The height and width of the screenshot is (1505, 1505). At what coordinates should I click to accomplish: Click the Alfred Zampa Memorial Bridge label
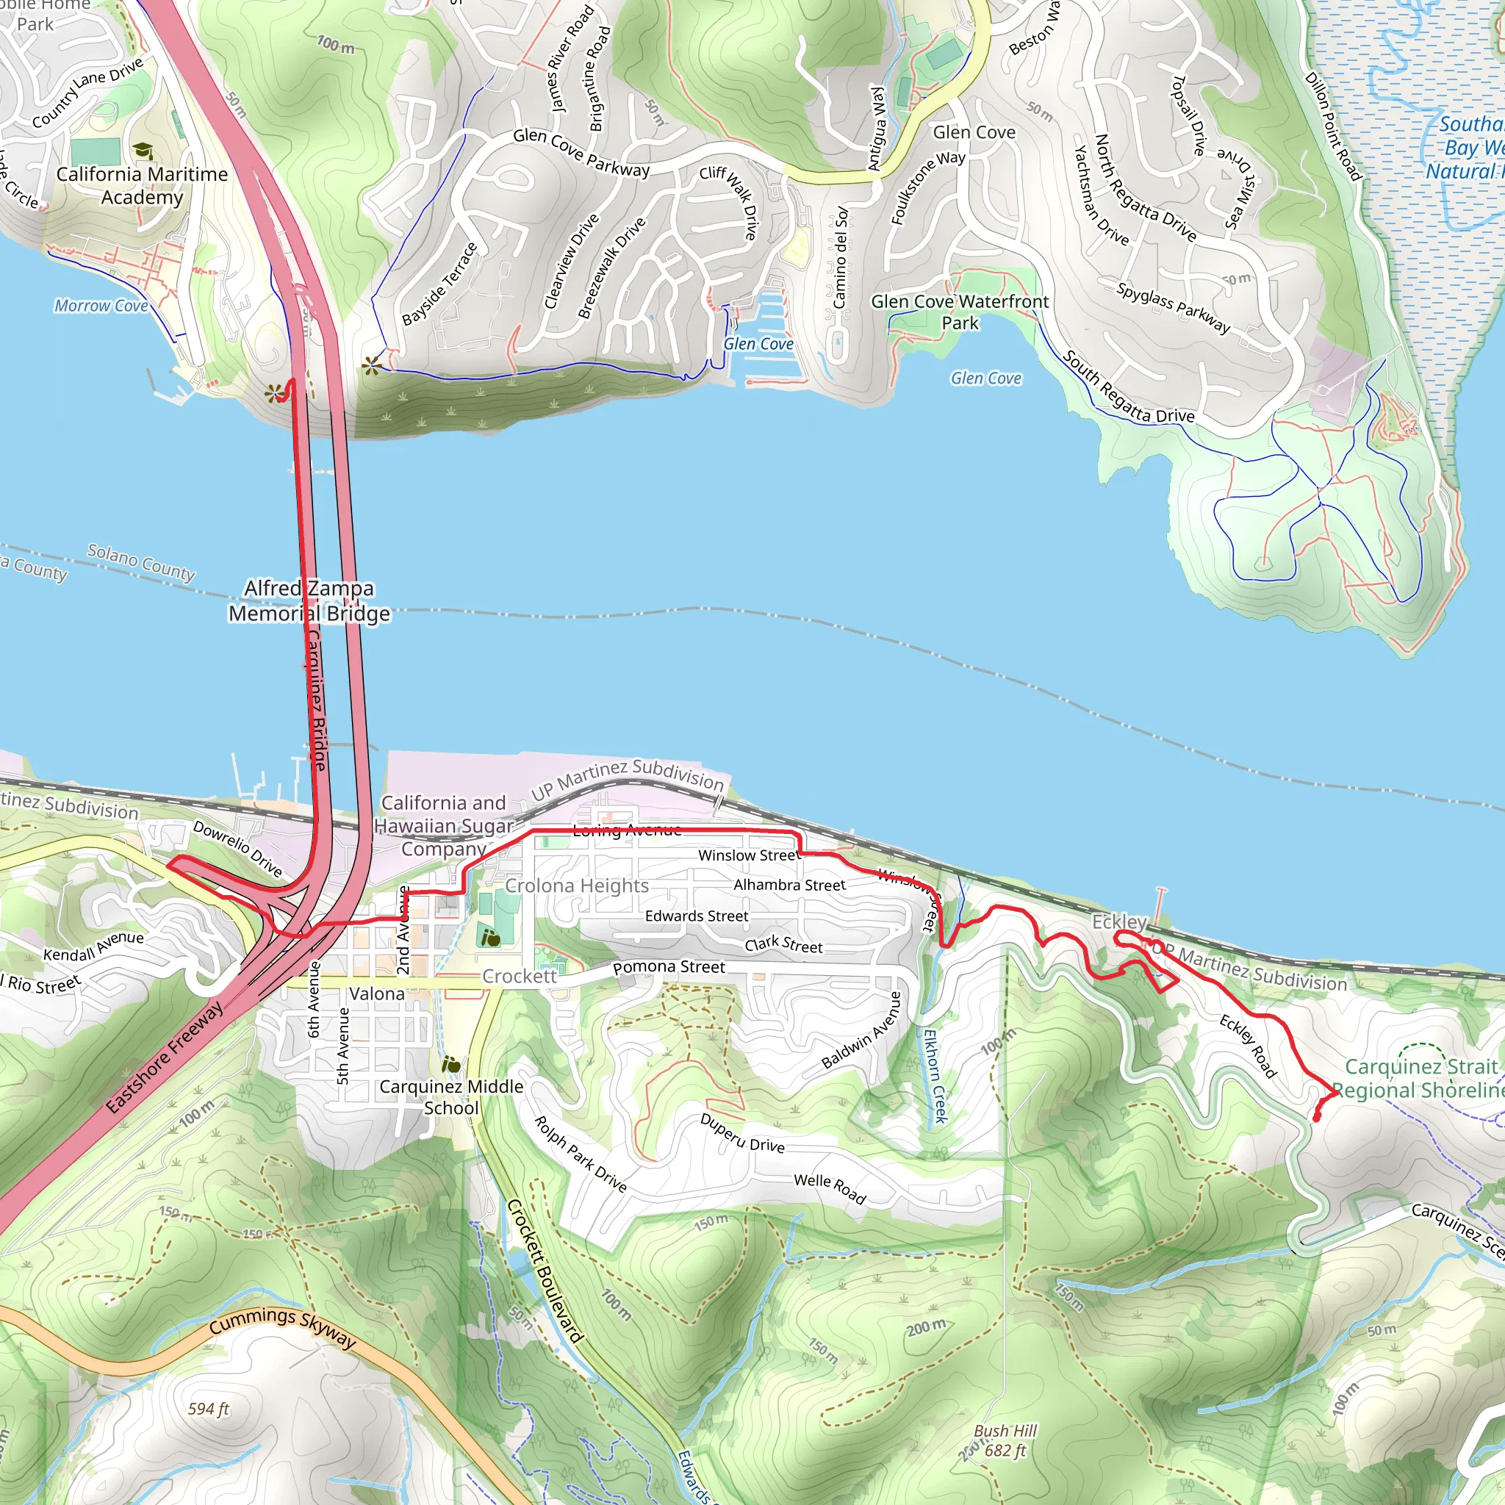click(309, 601)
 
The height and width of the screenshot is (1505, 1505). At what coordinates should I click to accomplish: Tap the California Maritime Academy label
click(142, 185)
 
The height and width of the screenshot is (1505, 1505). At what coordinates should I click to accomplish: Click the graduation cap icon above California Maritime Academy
click(143, 151)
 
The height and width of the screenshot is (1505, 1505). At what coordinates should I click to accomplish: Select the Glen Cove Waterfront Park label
click(960, 312)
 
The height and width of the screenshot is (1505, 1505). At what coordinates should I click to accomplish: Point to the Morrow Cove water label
click(101, 306)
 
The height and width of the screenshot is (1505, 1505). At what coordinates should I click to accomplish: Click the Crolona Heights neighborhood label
click(576, 886)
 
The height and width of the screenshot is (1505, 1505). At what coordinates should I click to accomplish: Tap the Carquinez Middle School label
click(451, 1097)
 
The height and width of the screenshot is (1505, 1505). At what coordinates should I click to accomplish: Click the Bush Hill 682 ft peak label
click(1005, 1440)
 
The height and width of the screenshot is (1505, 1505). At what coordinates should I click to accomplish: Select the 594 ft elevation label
click(209, 1409)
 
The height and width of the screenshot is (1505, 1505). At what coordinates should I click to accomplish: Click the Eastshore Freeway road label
click(165, 1057)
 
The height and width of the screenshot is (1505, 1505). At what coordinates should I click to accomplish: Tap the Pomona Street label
click(669, 968)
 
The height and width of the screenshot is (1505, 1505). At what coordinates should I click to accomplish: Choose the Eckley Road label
click(1248, 1046)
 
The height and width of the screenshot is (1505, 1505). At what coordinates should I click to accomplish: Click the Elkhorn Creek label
click(935, 1076)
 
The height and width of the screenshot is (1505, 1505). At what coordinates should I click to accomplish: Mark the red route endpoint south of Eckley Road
click(1316, 1119)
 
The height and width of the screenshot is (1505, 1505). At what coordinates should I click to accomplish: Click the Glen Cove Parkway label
click(581, 152)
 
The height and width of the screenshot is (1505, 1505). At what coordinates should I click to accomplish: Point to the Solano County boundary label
click(141, 561)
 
